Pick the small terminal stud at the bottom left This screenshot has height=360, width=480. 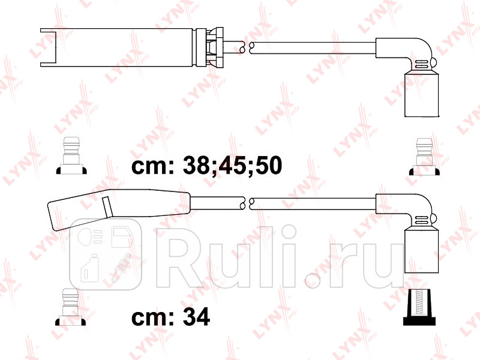pyautogui.click(x=71, y=305)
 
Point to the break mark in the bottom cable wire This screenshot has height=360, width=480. pyautogui.click(x=245, y=203)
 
